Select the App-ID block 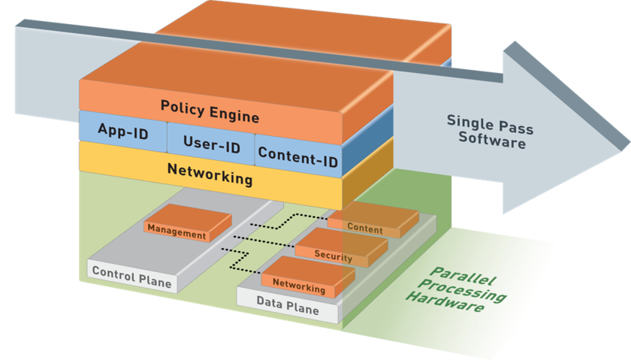tap(122, 130)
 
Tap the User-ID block tap(211, 146)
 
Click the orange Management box tap(177, 234)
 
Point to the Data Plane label tap(288, 309)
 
